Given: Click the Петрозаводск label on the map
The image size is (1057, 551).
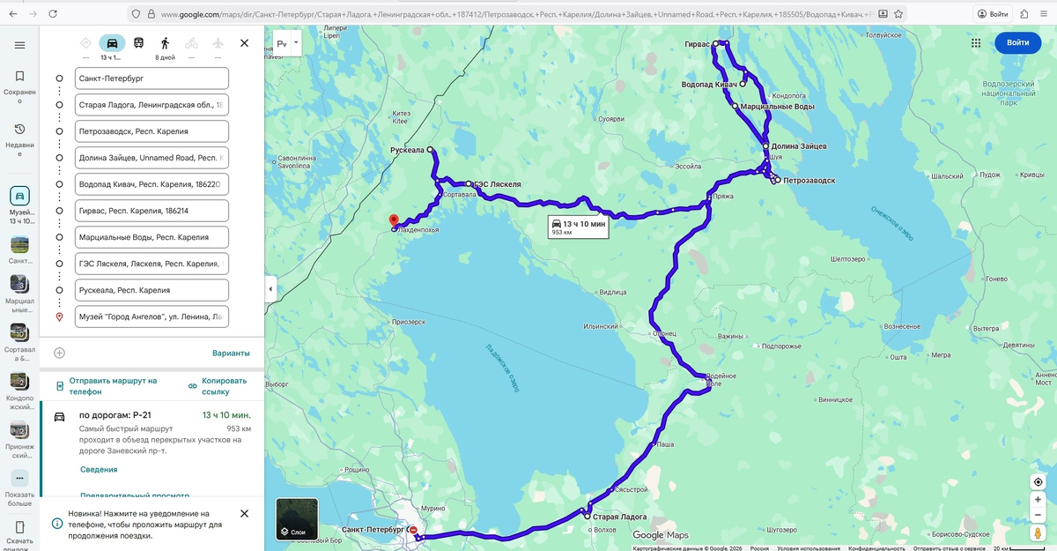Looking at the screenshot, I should click(809, 181).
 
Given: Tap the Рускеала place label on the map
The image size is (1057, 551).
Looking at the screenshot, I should click(407, 151).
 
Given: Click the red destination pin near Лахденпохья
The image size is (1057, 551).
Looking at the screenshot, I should click(394, 220).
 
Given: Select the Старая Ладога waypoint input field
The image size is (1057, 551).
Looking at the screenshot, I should click(152, 105).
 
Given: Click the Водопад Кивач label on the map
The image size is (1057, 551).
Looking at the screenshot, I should click(709, 85).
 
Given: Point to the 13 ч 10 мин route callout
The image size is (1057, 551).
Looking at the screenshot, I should click(579, 227).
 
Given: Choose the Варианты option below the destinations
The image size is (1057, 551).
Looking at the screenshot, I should click(231, 354).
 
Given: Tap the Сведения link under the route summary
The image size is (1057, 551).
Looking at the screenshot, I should click(99, 470).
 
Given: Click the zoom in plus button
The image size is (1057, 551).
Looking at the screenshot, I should click(1039, 500).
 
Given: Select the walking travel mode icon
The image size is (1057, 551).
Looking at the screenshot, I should click(165, 43).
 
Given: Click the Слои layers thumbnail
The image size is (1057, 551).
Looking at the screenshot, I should click(297, 519).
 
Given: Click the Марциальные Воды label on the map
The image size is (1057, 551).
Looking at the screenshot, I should click(777, 107).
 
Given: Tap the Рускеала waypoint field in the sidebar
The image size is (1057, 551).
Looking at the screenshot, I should click(152, 290).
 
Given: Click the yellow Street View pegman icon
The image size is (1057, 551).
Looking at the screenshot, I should click(1039, 533).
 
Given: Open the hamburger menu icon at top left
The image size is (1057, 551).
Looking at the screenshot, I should click(19, 45).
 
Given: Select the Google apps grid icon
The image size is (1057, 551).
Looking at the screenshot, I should click(976, 42).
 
